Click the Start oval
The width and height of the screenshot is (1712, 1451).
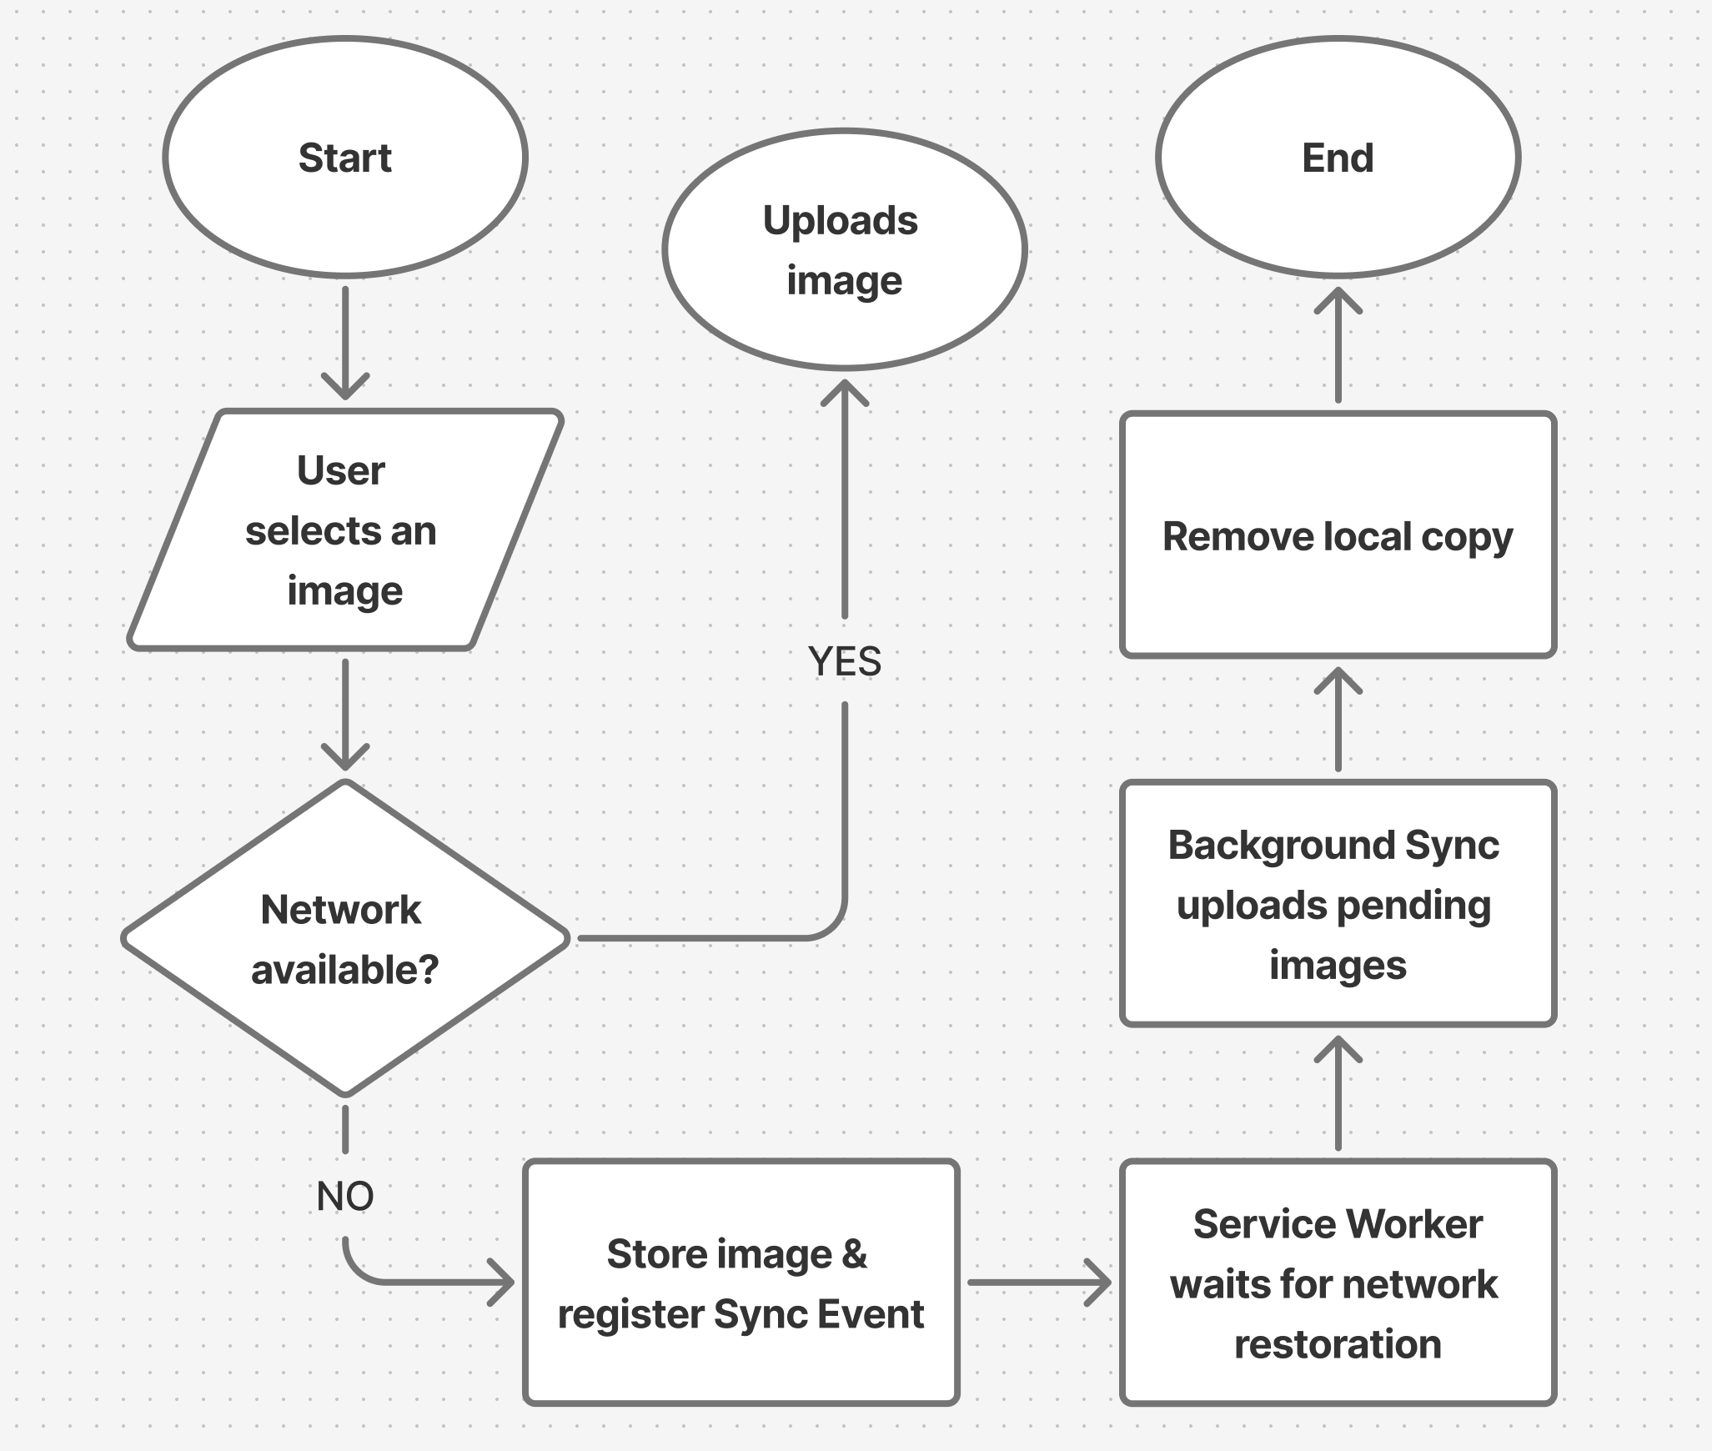click(x=345, y=158)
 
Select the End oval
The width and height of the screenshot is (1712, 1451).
click(x=1338, y=158)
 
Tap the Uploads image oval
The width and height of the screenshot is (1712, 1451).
click(x=844, y=249)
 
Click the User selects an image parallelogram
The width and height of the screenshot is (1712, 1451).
click(x=345, y=530)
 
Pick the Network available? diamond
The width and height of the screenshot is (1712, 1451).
click(x=345, y=939)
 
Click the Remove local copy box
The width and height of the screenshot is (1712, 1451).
click(x=1338, y=535)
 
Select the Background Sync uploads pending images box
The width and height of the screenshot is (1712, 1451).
click(x=1338, y=904)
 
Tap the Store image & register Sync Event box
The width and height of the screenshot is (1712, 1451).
click(x=741, y=1283)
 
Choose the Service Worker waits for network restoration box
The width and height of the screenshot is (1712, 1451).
click(x=1338, y=1283)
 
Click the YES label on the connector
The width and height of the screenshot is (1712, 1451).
click(x=844, y=661)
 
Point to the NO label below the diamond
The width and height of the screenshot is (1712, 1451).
click(x=345, y=1196)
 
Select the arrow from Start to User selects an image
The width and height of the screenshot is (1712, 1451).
click(x=345, y=342)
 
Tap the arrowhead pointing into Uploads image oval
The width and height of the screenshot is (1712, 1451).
click(x=844, y=392)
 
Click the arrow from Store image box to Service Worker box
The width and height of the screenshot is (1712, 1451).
click(x=1038, y=1283)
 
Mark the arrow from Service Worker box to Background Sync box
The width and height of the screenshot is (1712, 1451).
click(x=1338, y=1092)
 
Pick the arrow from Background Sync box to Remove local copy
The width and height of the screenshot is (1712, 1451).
click(x=1338, y=719)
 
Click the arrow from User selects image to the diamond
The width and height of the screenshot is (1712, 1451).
click(x=345, y=714)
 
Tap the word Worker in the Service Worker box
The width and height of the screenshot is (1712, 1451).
click(x=1414, y=1224)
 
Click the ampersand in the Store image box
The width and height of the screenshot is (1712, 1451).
click(x=854, y=1254)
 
